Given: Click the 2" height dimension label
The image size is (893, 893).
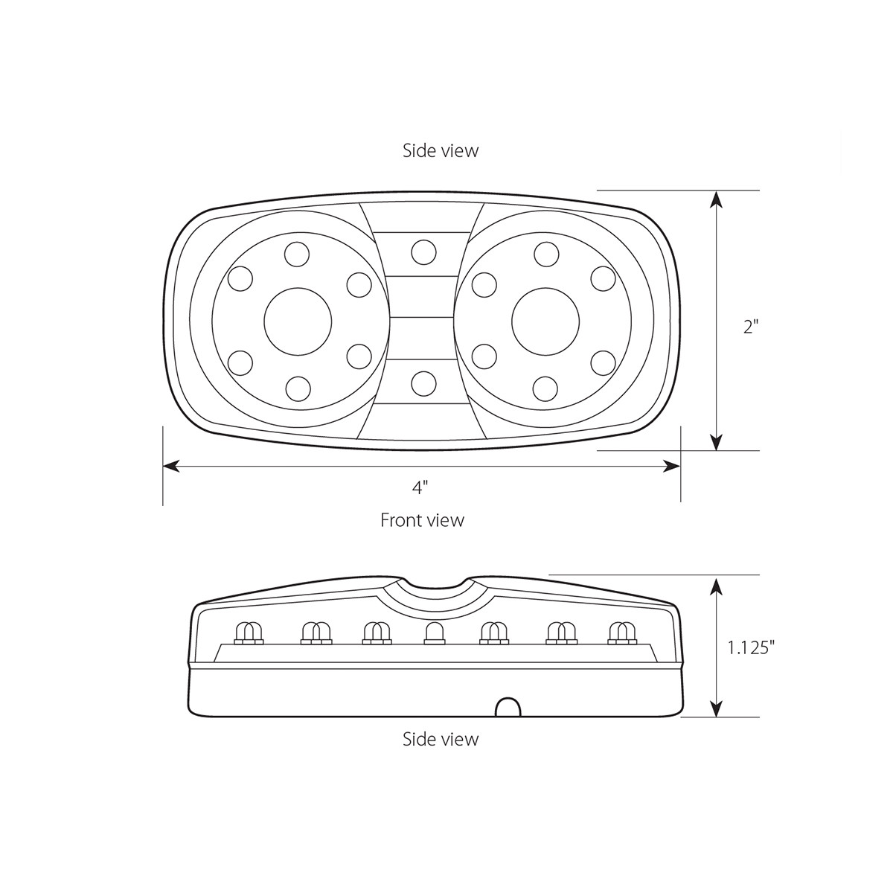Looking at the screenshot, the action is click(x=750, y=327).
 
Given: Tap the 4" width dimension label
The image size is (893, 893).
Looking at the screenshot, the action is click(x=420, y=487).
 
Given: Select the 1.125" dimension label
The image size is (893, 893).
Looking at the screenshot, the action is click(x=751, y=648).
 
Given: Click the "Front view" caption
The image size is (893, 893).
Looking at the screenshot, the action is click(x=422, y=520).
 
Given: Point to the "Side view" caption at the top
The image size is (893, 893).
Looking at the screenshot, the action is click(x=441, y=150).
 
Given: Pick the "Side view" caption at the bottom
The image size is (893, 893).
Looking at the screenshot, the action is click(x=441, y=739).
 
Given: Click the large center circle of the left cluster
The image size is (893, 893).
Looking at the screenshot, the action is click(x=298, y=322).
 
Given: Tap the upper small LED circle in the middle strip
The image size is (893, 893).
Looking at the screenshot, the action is click(x=423, y=252).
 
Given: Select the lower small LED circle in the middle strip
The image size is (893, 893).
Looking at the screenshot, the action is click(x=423, y=383).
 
